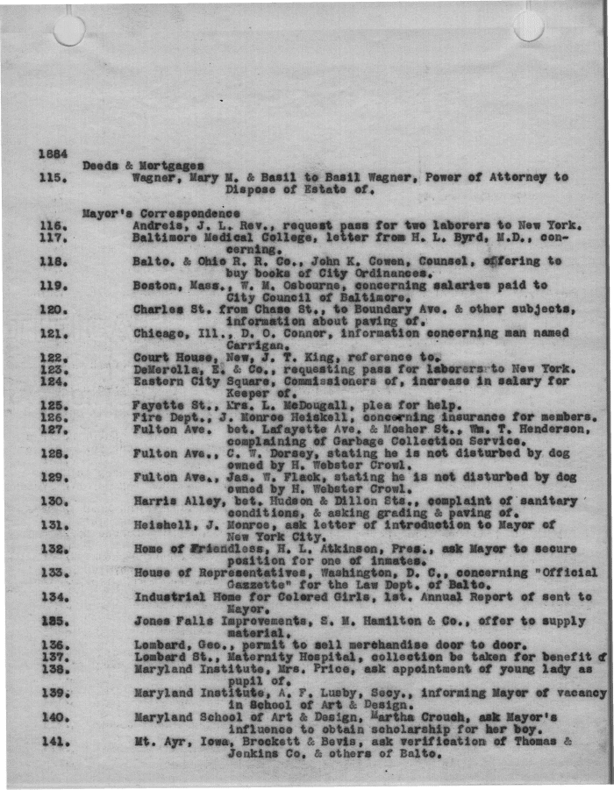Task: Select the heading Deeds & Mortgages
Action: point(143,165)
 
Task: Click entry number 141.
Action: point(54,742)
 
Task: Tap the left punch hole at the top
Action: point(69,30)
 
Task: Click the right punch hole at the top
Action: point(528,25)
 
